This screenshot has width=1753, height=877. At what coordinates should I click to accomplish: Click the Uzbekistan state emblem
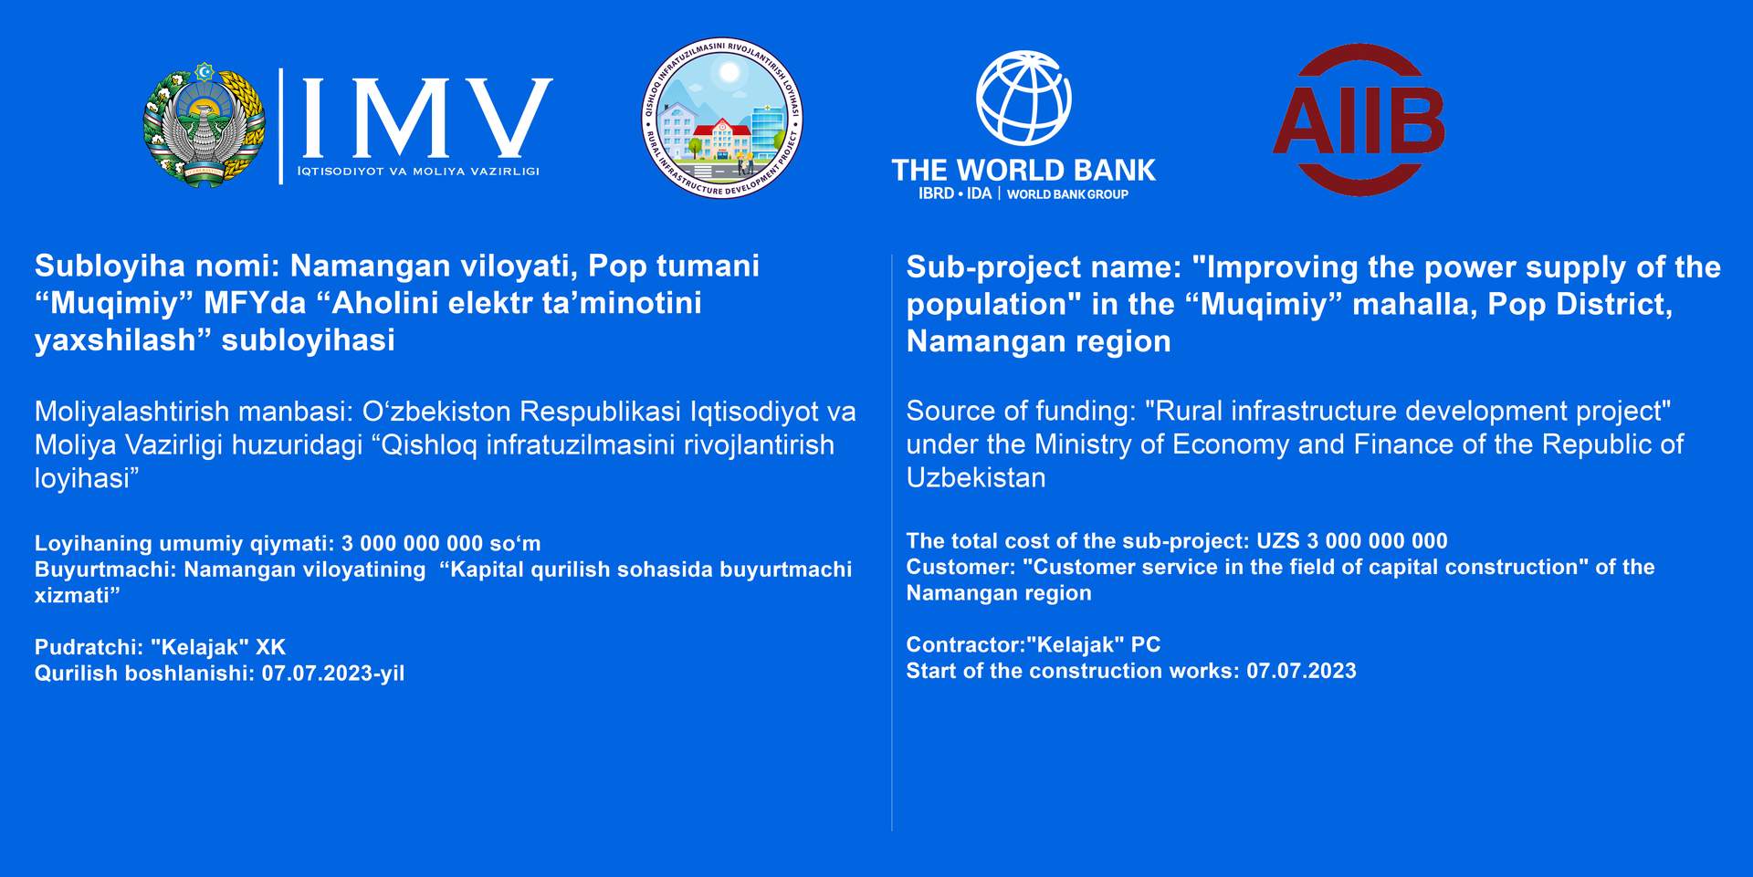point(205,125)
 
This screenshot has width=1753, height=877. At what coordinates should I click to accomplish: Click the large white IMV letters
point(426,117)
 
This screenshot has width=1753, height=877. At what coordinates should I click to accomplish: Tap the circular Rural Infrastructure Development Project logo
point(722,118)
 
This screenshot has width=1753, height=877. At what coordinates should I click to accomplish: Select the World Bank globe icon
point(1023,98)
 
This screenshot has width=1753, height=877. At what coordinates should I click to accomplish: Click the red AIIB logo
point(1359,119)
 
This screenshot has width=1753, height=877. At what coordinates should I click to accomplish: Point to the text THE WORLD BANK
point(1023,170)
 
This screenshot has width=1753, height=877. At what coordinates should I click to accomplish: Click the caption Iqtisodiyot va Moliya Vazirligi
point(418,171)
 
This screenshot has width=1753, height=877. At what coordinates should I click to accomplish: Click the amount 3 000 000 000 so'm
point(441,543)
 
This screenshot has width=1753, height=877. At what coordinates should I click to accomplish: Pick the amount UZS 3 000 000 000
point(1352,541)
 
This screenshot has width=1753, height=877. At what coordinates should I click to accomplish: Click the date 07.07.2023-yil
point(333,673)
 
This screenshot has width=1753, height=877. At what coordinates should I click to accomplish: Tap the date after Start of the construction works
point(1302,671)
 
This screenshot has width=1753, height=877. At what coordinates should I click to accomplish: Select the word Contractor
point(963,644)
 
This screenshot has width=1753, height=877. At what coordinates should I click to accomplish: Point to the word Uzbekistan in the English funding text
point(976,477)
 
